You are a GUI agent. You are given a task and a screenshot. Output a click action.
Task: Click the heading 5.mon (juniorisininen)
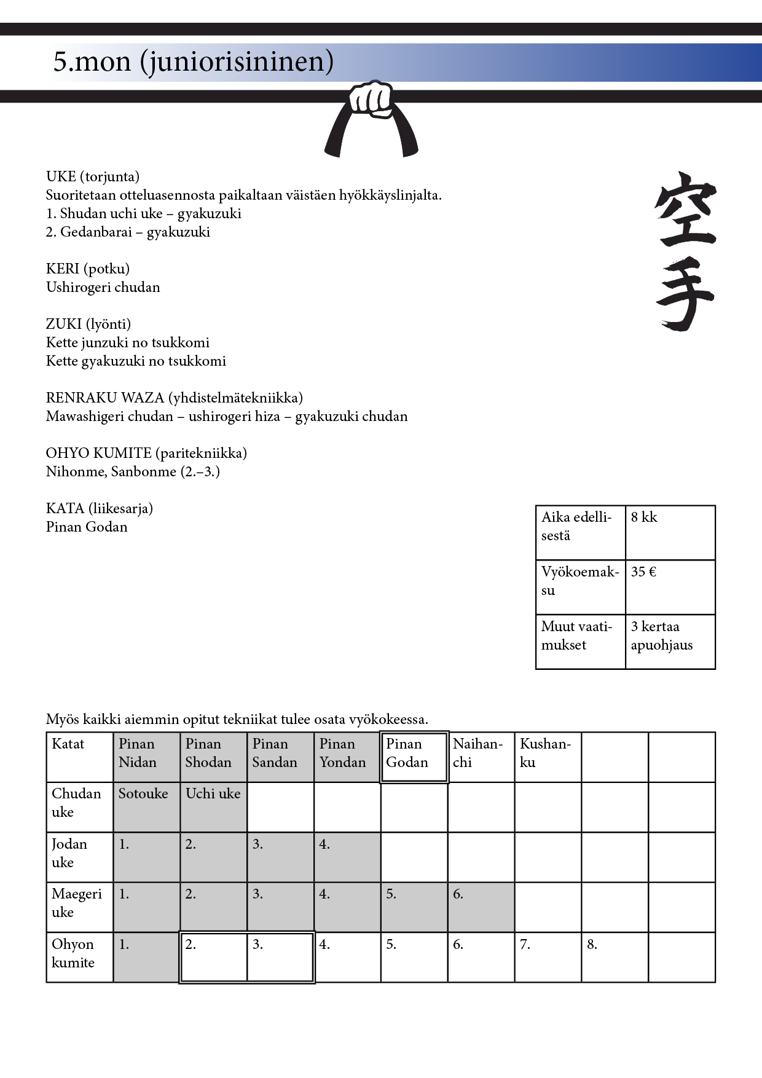[x=193, y=61]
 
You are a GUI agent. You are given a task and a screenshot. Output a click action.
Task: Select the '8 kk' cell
[x=670, y=532]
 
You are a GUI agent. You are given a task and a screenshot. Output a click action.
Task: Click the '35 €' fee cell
[x=670, y=587]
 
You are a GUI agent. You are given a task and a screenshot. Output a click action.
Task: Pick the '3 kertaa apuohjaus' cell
[x=670, y=641]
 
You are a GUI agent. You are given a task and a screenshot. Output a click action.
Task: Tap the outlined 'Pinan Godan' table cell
[x=414, y=757]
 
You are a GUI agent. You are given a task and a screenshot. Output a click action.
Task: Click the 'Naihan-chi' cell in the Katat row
[x=481, y=757]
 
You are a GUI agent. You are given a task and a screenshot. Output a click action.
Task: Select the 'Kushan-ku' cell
[x=548, y=757]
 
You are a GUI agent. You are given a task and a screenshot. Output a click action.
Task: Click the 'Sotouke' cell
[x=146, y=807]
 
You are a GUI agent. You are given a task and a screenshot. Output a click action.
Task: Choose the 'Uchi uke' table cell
[x=213, y=807]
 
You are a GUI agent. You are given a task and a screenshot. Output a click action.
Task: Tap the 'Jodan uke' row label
[x=79, y=857]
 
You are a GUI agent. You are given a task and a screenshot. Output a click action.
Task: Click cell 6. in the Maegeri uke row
[x=481, y=907]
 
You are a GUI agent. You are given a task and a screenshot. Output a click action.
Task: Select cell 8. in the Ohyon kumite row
[x=615, y=957]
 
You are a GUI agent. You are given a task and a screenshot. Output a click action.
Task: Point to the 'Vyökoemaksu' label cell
[x=580, y=587]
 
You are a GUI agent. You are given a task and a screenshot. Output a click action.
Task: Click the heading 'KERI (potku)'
[x=88, y=269]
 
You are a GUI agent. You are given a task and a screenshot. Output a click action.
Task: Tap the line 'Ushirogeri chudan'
[x=103, y=287]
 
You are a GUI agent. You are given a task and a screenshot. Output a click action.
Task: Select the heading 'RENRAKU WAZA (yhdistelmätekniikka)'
[x=175, y=398]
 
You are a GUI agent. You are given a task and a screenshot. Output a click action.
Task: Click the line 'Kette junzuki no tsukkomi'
[x=128, y=342]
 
